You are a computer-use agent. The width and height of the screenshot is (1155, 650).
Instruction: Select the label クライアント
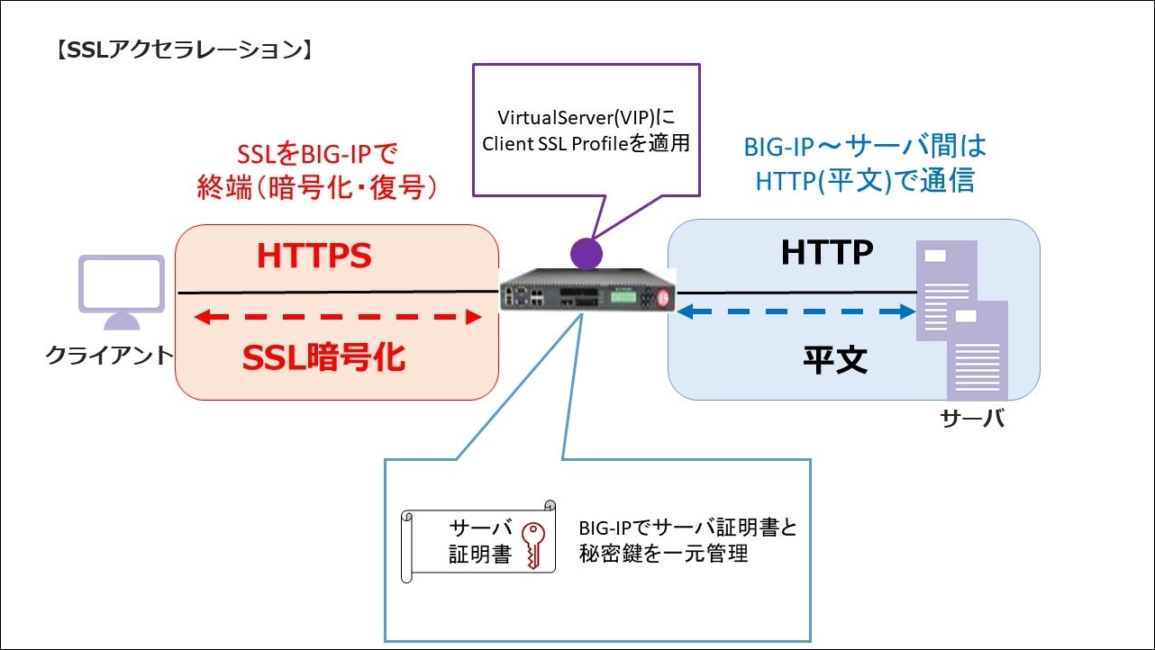pos(109,356)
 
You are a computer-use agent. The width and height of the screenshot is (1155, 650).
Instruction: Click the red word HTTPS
pos(314,257)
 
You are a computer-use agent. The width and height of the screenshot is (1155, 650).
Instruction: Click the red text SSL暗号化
pos(323,358)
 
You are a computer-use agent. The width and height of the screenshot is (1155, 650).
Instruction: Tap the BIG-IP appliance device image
pos(587,292)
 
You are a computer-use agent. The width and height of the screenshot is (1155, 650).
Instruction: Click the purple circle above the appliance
pos(587,252)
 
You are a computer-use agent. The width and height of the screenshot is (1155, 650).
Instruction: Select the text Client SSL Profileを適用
pos(587,144)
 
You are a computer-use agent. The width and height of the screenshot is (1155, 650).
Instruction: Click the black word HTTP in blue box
pos(826,253)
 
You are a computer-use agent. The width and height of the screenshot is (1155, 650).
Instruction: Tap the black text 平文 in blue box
pos(835,359)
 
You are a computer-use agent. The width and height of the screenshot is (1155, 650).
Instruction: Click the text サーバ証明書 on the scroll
pos(480,541)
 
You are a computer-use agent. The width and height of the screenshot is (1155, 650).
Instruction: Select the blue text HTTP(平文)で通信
pos(864,181)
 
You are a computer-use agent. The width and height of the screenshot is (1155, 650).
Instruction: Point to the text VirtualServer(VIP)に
pos(587,118)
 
